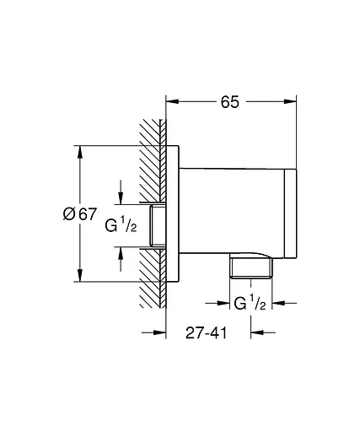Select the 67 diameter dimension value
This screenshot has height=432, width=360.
pos(87,214)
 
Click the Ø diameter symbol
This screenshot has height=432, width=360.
pos(70,214)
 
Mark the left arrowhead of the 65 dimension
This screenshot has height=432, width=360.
pos(169,102)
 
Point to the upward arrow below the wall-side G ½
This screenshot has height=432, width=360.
pos(120,252)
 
